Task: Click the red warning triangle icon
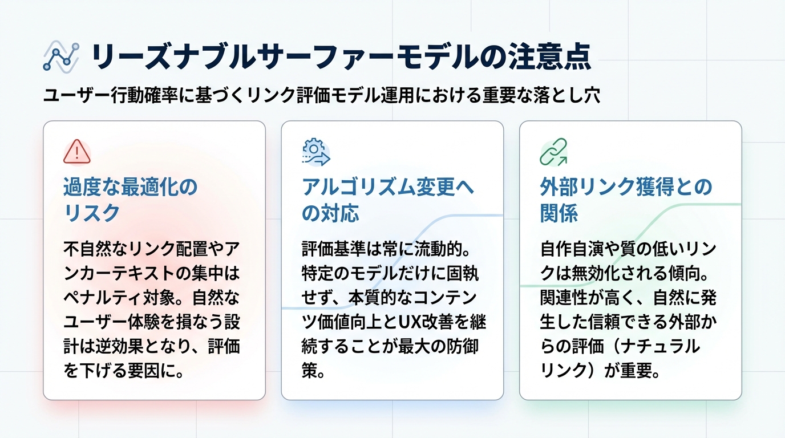76,152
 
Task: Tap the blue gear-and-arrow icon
315,152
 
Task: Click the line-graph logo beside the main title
60,56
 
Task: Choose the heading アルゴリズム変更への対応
388,200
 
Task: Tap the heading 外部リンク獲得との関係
626,200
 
